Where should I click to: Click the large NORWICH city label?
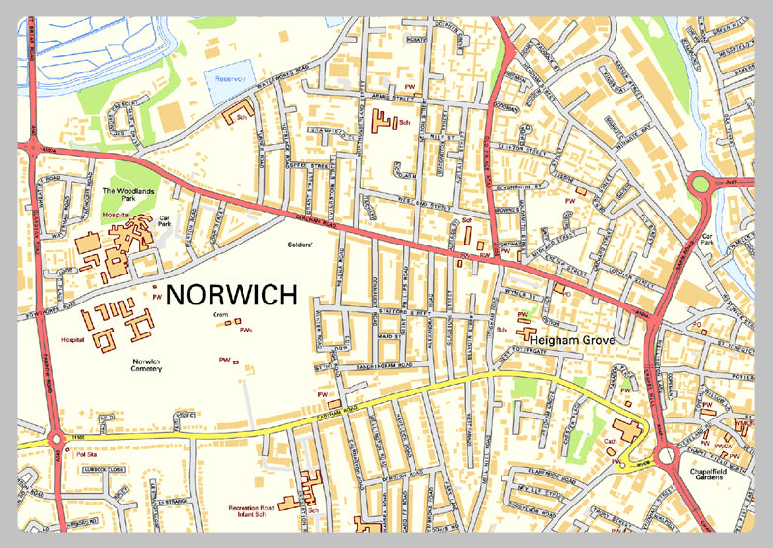tap(232, 293)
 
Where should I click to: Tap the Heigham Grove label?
tap(577, 340)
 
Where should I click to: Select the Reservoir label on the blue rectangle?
tap(233, 81)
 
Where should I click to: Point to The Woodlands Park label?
tap(129, 195)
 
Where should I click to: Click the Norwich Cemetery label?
tap(152, 364)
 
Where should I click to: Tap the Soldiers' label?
tap(299, 246)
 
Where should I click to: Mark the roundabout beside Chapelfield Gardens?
tap(665, 455)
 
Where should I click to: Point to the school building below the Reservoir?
tap(237, 115)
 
